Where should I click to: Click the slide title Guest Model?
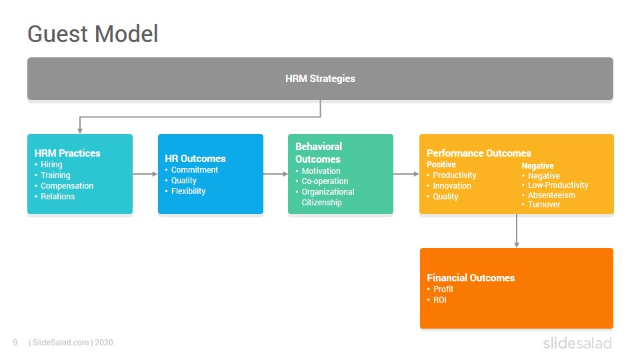click(93, 34)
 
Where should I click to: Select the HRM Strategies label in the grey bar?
click(320, 79)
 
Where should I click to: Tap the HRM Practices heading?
click(67, 153)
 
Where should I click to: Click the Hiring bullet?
click(51, 165)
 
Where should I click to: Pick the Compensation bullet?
click(67, 186)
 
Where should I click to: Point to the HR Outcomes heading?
click(195, 159)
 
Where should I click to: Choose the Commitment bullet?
click(194, 170)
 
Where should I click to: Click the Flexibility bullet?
click(188, 191)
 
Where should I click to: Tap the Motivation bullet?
click(321, 171)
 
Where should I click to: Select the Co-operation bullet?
click(325, 181)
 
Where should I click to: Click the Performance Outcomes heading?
click(479, 153)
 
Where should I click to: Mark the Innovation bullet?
click(452, 186)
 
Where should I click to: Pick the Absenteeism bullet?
click(551, 195)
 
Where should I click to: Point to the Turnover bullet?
click(544, 205)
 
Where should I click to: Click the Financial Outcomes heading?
click(471, 278)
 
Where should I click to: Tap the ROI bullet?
click(439, 299)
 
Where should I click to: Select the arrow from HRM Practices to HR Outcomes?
click(145, 174)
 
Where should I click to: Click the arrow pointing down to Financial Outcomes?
click(517, 231)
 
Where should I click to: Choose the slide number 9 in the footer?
click(15, 343)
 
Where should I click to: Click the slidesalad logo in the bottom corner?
click(577, 343)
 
